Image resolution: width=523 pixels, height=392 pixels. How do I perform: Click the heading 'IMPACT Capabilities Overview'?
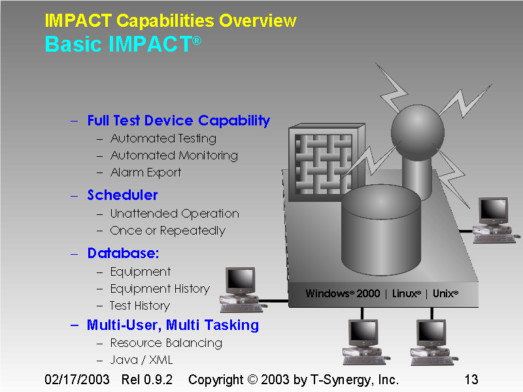(171, 21)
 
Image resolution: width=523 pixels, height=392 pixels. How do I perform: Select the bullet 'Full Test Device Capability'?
(178, 121)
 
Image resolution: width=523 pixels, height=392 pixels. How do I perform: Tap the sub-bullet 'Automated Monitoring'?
(174, 155)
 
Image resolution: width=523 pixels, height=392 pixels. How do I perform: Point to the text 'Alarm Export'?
(146, 172)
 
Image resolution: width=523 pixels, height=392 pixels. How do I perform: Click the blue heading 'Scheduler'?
(123, 195)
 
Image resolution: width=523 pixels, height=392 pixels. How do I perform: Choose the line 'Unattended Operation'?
(175, 214)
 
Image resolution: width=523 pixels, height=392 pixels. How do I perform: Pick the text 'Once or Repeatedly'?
(167, 231)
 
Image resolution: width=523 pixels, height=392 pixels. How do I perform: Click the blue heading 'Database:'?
(124, 253)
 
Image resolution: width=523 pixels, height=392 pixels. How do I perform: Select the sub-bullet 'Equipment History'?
(160, 289)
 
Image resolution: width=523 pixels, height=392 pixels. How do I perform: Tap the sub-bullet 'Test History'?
(139, 306)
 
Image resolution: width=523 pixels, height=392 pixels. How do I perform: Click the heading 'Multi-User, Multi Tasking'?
(173, 325)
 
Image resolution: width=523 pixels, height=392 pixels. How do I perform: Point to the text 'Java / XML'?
(141, 360)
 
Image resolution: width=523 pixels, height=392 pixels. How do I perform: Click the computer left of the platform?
(240, 288)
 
